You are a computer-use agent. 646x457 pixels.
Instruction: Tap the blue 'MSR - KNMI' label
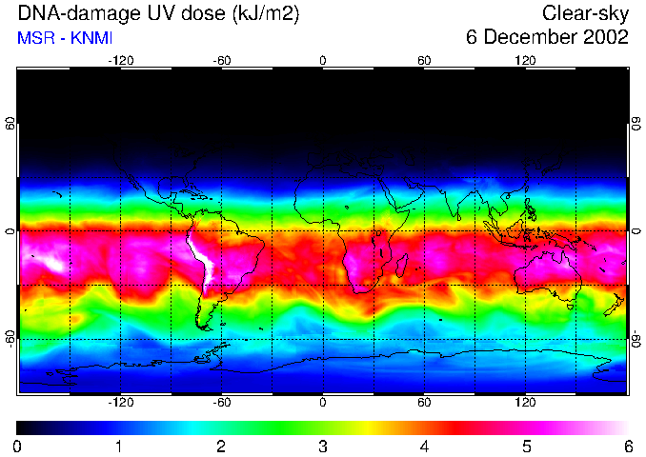tap(65, 38)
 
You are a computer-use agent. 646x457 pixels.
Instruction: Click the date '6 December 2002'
tap(547, 38)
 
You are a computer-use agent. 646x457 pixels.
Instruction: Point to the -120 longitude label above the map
tap(120, 60)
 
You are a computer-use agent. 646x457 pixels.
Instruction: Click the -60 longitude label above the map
tap(222, 60)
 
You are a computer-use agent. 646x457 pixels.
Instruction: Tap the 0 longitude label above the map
tap(323, 60)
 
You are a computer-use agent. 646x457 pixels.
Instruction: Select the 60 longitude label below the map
tap(424, 403)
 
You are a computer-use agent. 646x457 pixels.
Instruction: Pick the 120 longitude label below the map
tap(525, 403)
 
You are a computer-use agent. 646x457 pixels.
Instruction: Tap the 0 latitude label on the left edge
tap(10, 231)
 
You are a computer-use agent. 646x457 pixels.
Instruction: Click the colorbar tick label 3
tap(323, 447)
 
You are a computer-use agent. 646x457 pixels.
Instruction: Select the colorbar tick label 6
tap(628, 447)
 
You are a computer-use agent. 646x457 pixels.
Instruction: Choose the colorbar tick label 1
tap(119, 447)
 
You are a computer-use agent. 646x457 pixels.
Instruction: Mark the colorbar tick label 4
tap(425, 447)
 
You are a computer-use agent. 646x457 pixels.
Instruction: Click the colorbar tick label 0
tap(18, 447)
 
